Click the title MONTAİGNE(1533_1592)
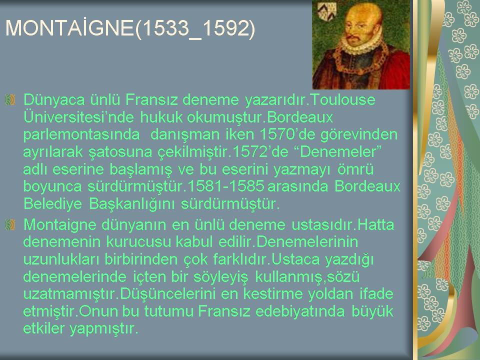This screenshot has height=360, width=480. click(130, 28)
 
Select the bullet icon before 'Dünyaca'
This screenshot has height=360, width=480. click(10, 100)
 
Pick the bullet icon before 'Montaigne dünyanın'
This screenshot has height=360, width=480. click(10, 225)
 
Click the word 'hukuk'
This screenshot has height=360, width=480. click(161, 117)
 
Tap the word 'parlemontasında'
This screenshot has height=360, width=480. click(81, 134)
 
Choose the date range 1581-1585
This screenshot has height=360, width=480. click(225, 186)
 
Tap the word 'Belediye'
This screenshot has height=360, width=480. click(52, 203)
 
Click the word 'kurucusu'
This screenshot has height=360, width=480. click(138, 242)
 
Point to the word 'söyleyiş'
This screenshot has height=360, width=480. click(220, 277)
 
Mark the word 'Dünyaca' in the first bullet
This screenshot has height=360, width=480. click(54, 100)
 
